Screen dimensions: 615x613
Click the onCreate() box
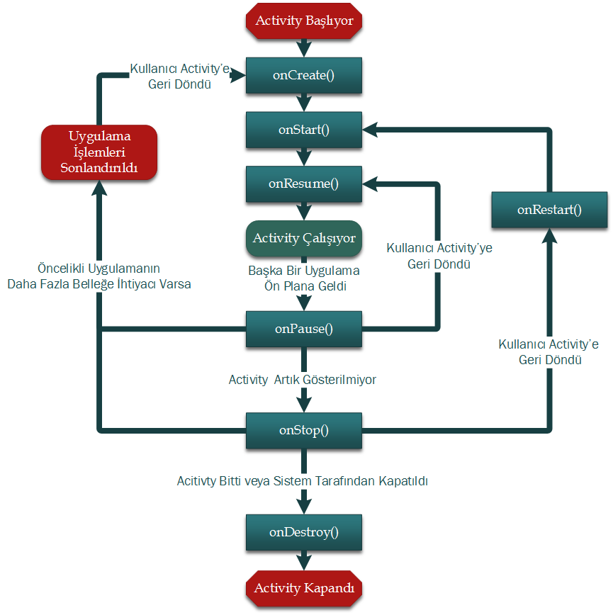[304, 76]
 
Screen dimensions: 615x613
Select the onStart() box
[304, 130]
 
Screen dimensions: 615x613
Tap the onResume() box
[304, 184]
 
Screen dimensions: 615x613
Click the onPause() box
[304, 329]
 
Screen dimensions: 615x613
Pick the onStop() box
[304, 430]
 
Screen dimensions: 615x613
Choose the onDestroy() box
[304, 533]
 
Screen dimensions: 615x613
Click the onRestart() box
[549, 210]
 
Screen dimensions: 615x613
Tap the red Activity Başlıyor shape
[304, 21]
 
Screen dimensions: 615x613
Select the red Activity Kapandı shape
[304, 588]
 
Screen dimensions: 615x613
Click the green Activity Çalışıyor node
[304, 238]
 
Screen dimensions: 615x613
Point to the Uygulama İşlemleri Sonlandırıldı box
[99, 152]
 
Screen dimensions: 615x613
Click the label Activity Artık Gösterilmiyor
[302, 380]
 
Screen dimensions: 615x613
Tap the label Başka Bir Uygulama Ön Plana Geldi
[304, 278]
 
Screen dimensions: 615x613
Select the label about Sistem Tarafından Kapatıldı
[302, 481]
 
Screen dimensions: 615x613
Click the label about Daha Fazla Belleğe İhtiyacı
[99, 276]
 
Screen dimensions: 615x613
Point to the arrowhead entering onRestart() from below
[549, 237]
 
